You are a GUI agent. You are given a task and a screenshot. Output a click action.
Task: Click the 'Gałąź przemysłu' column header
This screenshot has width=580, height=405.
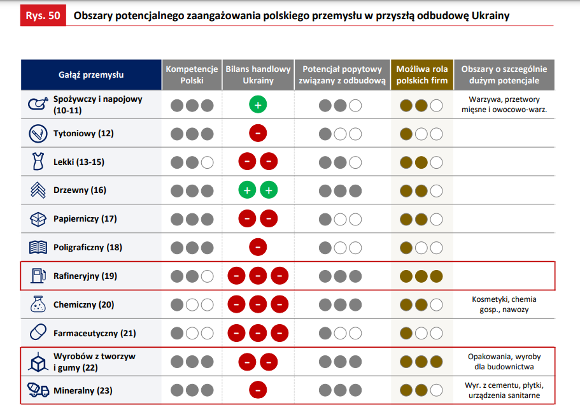point(91,75)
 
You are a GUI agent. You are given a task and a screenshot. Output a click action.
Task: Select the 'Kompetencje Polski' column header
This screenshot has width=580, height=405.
point(192,75)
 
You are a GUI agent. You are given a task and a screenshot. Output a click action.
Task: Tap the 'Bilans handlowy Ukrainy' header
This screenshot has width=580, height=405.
point(258,75)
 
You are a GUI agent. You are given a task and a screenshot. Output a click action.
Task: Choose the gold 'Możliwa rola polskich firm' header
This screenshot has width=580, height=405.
point(421,75)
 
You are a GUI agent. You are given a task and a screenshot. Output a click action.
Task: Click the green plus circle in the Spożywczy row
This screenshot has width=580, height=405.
point(258,105)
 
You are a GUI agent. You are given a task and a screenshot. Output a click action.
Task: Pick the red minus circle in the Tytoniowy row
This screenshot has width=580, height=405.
point(258,134)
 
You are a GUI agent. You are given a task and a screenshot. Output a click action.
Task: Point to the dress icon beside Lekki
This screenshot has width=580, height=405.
point(38,162)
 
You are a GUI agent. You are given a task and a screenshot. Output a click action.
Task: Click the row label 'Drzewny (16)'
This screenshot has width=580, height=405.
point(80,190)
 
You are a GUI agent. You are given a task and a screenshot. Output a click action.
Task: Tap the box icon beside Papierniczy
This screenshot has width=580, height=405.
point(38,219)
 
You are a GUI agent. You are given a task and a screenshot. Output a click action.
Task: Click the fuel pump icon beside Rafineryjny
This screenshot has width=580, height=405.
point(38,276)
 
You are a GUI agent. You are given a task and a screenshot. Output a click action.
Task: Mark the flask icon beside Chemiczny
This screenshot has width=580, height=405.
point(38,304)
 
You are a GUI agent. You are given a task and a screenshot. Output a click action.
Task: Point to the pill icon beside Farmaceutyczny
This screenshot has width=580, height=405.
point(38,333)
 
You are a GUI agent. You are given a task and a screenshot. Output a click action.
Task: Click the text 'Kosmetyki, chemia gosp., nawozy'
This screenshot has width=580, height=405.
point(504,304)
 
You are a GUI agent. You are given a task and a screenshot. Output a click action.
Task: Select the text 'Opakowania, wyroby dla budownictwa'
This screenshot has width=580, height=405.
point(504,362)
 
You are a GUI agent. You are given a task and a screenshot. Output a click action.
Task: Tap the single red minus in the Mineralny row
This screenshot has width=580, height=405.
point(258,390)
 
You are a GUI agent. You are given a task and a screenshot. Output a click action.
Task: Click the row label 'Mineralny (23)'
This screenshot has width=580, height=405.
point(83,390)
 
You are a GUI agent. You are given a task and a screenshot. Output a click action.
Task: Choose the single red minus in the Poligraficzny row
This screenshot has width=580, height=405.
point(258,247)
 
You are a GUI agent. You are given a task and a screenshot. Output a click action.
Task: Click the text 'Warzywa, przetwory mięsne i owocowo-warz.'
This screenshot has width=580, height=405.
point(504,104)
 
